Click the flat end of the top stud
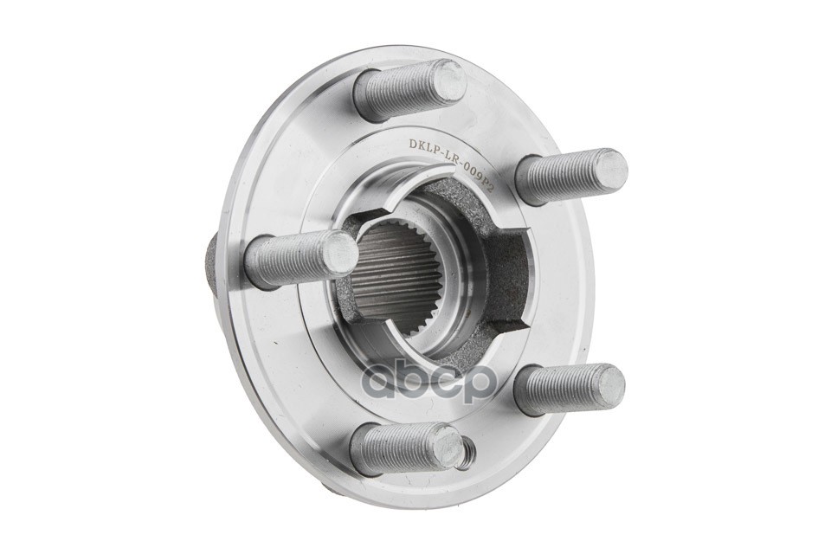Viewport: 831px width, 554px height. (x=449, y=81)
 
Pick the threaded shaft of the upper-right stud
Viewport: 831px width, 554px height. (x=559, y=175)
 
